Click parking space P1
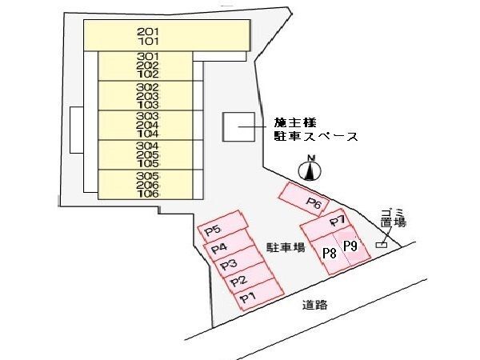pos(259,296)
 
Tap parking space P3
pos(242,264)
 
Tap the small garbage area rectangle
pos(382,245)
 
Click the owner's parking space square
pos(238,126)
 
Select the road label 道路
pos(314,305)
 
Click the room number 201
pos(148,31)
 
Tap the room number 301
pos(148,56)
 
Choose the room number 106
pos(148,194)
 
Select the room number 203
pos(148,96)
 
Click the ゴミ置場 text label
pos(394,218)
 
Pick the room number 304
pos(148,146)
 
